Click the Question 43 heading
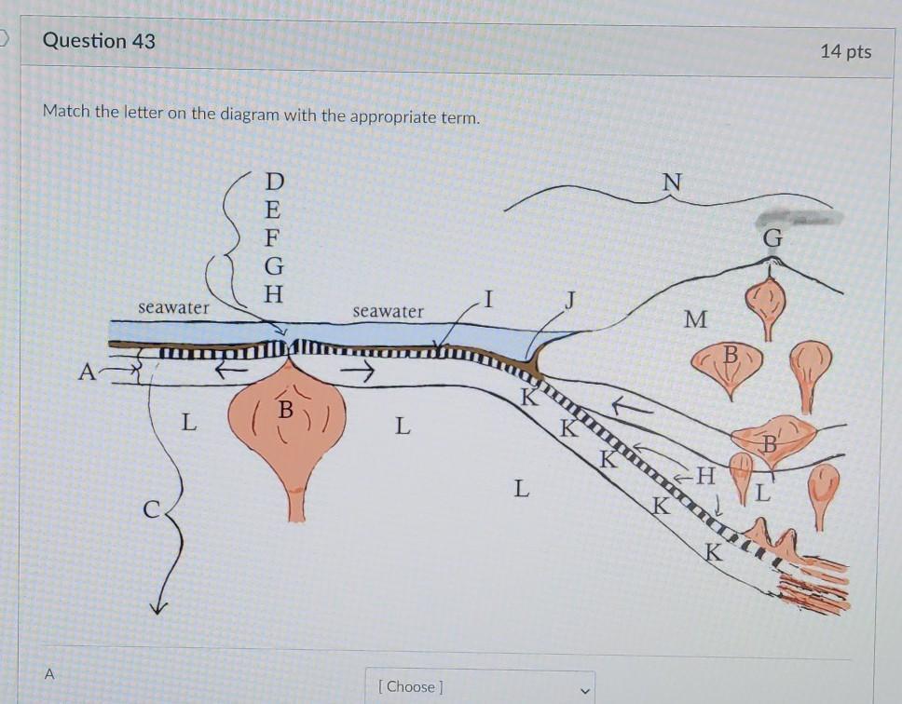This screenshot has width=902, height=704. pyautogui.click(x=99, y=41)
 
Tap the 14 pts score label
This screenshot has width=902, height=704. pyautogui.click(x=846, y=51)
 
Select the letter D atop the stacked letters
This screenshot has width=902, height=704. pyautogui.click(x=274, y=182)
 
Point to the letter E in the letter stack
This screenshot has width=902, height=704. pyautogui.click(x=273, y=210)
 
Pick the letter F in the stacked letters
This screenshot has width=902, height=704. pyautogui.click(x=272, y=237)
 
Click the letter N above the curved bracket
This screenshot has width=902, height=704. pyautogui.click(x=672, y=183)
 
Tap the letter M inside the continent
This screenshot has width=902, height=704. pyautogui.click(x=695, y=319)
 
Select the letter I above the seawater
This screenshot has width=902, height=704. pyautogui.click(x=488, y=300)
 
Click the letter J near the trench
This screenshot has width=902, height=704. pyautogui.click(x=570, y=300)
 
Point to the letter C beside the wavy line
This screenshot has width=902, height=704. pyautogui.click(x=151, y=509)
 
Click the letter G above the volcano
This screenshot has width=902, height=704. pyautogui.click(x=772, y=237)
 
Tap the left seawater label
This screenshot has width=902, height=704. pyautogui.click(x=173, y=307)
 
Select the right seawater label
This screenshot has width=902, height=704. pyautogui.click(x=388, y=311)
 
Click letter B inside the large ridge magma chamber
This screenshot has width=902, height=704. pyautogui.click(x=286, y=410)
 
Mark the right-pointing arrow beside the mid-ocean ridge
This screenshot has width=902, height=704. pyautogui.click(x=357, y=372)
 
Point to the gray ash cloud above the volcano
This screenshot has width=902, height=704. pyautogui.click(x=799, y=218)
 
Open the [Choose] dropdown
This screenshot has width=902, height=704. pyautogui.click(x=480, y=686)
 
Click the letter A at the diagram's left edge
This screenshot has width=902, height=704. pyautogui.click(x=87, y=372)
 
